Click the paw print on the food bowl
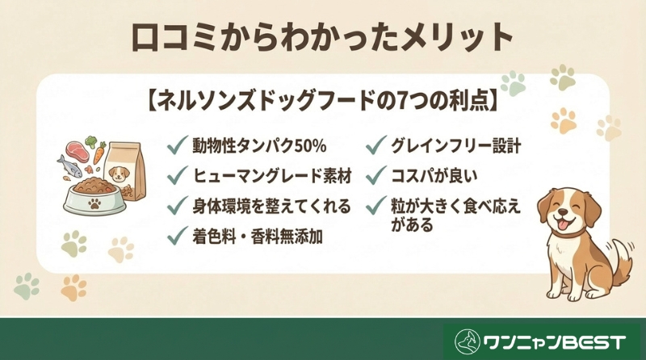(94, 204)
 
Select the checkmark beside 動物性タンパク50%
(175, 146)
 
